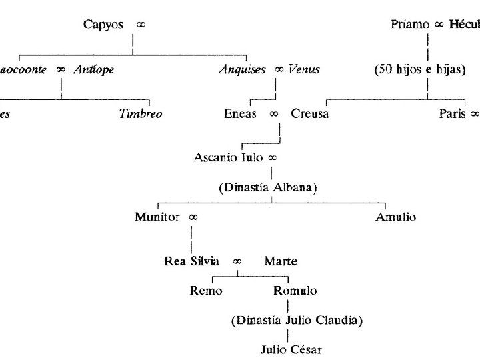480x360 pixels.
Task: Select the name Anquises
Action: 242,69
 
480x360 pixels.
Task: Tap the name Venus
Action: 304,69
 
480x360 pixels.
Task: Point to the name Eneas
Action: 240,113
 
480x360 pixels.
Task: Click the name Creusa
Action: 309,113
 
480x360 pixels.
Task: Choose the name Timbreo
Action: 141,113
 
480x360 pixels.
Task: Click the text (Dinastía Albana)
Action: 267,187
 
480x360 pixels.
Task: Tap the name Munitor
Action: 157,217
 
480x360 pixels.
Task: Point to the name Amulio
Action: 396,217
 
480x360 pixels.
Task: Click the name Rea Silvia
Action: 192,261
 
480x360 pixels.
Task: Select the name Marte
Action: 280,261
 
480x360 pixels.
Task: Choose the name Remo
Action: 207,291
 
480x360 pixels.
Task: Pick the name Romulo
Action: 295,291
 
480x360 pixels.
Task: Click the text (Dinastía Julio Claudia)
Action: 297,321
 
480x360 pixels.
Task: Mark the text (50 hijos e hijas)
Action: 419,69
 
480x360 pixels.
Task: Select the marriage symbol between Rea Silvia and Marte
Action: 237,261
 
